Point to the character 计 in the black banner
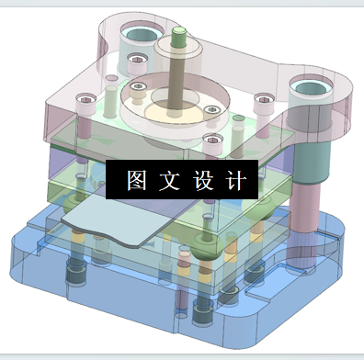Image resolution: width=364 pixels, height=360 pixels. (x=234, y=178)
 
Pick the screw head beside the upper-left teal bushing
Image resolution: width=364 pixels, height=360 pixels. (x=137, y=62)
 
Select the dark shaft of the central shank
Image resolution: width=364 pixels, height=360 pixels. (x=174, y=73)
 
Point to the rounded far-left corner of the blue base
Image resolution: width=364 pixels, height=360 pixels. (x=20, y=246)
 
